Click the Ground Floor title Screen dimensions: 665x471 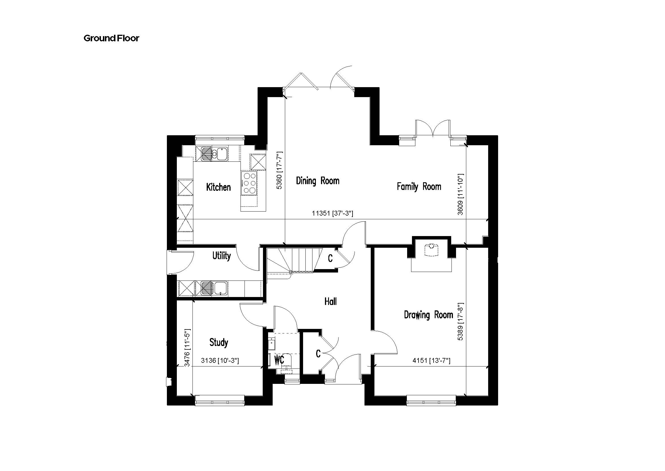pyautogui.click(x=111, y=38)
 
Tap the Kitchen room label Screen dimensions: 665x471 pyautogui.click(x=218, y=187)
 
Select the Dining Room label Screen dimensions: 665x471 pyautogui.click(x=318, y=181)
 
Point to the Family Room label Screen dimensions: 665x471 pyautogui.click(x=419, y=187)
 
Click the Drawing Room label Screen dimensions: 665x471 pyautogui.click(x=428, y=315)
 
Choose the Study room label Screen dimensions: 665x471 pyautogui.click(x=219, y=342)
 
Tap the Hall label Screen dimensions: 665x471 pyautogui.click(x=330, y=302)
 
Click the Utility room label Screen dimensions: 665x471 pyautogui.click(x=221, y=256)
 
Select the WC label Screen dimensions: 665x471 pyautogui.click(x=279, y=360)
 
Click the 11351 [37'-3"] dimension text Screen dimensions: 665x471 pyautogui.click(x=333, y=214)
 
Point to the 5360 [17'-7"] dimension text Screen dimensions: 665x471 pyautogui.click(x=279, y=170)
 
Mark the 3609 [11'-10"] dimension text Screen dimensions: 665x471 pyautogui.click(x=460, y=194)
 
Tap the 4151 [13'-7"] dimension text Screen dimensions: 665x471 pyautogui.click(x=431, y=361)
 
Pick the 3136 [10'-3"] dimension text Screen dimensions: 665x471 pyautogui.click(x=220, y=361)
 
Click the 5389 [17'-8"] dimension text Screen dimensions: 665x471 pyautogui.click(x=460, y=321)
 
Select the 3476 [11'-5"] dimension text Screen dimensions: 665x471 pyautogui.click(x=187, y=347)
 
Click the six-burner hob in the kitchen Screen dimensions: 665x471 pyautogui.click(x=249, y=183)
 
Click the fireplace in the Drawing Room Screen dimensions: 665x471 pyautogui.click(x=432, y=254)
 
